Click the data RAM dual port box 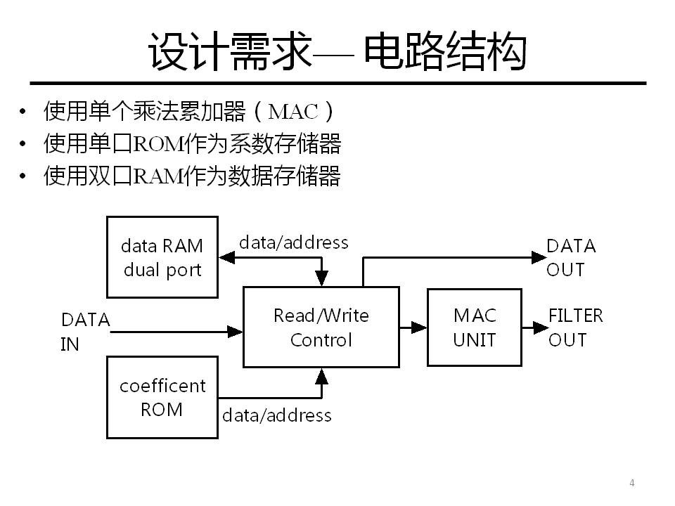coord(162,257)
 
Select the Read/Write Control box coord(321,327)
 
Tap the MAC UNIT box coord(475,327)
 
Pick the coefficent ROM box coord(162,397)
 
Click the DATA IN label coord(85,332)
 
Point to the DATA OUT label coord(571,257)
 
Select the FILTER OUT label coord(575,327)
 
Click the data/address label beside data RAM coord(293,242)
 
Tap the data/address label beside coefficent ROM coord(276,415)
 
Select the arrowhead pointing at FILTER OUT coord(539,327)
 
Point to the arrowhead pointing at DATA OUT coord(538,257)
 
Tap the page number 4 coord(632,483)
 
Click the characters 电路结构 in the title coord(445,53)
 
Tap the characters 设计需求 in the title coord(230,53)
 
